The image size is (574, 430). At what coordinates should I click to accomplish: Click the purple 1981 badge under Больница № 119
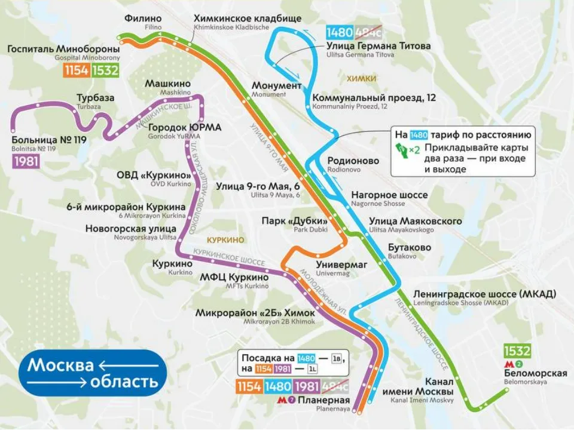pyautogui.click(x=26, y=161)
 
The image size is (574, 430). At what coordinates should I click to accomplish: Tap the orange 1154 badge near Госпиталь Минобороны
pyautogui.click(x=77, y=70)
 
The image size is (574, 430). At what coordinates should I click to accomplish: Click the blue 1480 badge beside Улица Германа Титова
pyautogui.click(x=340, y=32)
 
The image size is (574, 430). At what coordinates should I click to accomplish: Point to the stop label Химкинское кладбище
pyautogui.click(x=248, y=19)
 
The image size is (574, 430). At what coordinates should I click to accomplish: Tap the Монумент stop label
pyautogui.click(x=276, y=86)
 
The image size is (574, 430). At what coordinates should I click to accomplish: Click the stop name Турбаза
pyautogui.click(x=95, y=98)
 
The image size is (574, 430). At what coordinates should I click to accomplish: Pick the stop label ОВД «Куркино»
pyautogui.click(x=154, y=175)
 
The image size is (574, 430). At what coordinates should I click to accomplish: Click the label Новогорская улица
pyautogui.click(x=130, y=228)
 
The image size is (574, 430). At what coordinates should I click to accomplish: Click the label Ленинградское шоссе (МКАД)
pyautogui.click(x=484, y=294)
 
